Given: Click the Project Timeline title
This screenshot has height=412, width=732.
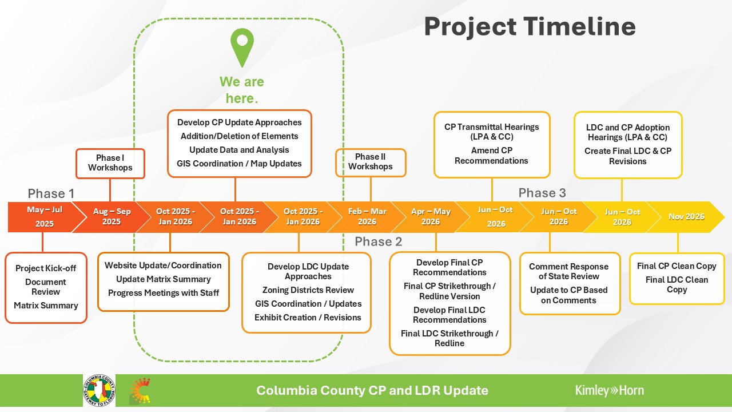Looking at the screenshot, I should tap(530, 27).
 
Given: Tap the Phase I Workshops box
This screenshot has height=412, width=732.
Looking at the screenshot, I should tap(110, 163).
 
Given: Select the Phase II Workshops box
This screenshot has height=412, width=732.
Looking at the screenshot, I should tap(371, 162).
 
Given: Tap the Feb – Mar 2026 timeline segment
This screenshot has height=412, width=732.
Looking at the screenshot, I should tap(367, 217).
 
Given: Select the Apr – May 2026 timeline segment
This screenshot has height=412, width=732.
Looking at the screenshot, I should tap(431, 217).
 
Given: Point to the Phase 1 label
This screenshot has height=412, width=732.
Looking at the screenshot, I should tap(51, 193).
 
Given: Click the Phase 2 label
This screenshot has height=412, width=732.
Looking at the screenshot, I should tap(378, 242).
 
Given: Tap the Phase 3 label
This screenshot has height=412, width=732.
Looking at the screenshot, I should tap(542, 193).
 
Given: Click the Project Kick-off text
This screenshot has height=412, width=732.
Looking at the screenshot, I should tap(46, 268).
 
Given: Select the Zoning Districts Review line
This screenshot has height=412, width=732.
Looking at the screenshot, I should tap(308, 290).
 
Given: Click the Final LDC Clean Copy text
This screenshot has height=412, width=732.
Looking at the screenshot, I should tap(677, 284).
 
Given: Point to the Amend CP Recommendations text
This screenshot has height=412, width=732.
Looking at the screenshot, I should tap(492, 156).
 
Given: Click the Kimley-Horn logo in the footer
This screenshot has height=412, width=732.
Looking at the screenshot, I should tap(609, 391).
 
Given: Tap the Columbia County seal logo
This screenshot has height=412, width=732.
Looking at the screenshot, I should tap(99, 391).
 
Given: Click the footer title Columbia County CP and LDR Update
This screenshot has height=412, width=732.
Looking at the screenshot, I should tap(372, 391).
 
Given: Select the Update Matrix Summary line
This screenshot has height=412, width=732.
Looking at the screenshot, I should tap(163, 279).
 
